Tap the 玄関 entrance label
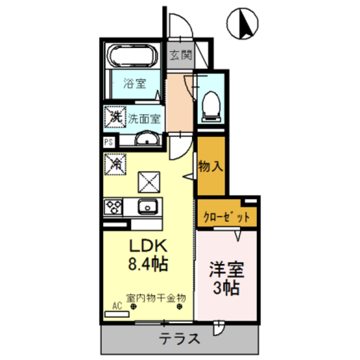[181, 56]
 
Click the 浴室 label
[135, 84]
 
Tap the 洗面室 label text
[145, 119]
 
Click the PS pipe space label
[109, 142]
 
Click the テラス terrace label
[179, 339]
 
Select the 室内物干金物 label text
[156, 297]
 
